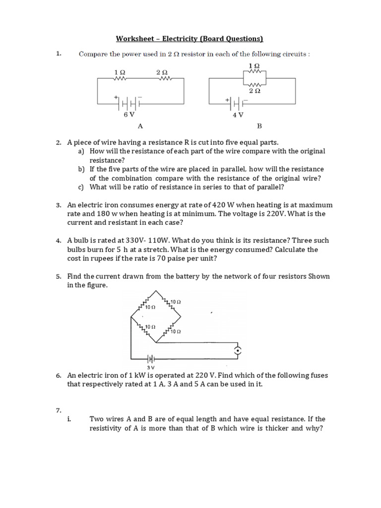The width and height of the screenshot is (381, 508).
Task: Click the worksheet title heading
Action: (189, 39)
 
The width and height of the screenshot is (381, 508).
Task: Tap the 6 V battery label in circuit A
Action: (129, 115)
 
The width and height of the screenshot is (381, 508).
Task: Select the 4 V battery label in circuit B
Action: (238, 115)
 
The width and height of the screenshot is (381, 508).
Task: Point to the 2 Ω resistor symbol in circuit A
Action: (164, 78)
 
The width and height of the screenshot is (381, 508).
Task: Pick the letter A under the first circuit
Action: (140, 126)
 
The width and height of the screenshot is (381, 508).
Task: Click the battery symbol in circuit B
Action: (238, 103)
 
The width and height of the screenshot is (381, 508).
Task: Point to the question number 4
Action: (58, 241)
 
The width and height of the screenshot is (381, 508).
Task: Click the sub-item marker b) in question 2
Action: (81, 169)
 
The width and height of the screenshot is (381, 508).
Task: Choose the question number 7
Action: (58, 410)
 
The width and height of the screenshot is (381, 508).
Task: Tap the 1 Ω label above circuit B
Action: (254, 65)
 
